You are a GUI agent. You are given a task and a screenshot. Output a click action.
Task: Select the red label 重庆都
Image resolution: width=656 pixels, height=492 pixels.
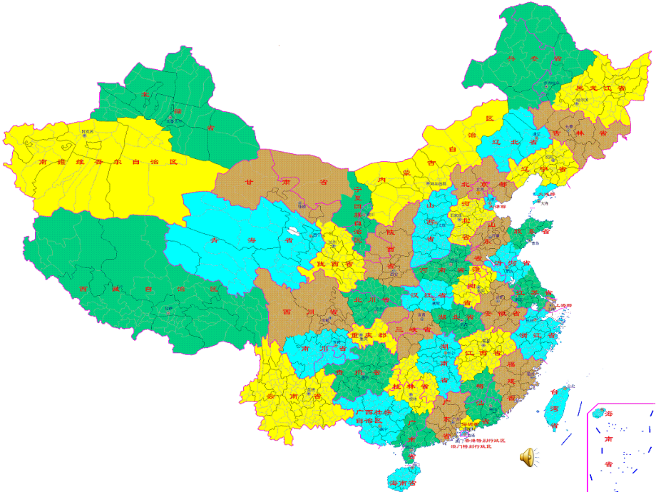[371, 335]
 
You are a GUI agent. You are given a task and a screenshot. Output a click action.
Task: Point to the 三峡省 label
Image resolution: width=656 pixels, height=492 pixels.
[417, 330]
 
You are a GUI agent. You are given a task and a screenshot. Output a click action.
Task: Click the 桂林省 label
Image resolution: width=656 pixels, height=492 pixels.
[409, 386]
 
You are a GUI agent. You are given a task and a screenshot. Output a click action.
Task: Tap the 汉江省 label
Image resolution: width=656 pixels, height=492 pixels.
[427, 294]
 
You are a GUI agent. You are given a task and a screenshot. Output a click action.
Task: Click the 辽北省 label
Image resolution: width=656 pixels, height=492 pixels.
[525, 142]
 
